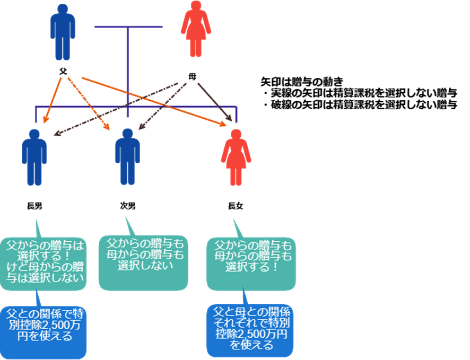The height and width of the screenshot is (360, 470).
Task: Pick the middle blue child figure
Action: click(127, 156)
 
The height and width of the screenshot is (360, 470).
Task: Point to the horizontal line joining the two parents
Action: click(128, 27)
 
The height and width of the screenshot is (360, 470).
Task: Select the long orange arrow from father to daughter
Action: click(154, 101)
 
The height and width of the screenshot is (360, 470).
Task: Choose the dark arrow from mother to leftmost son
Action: click(117, 109)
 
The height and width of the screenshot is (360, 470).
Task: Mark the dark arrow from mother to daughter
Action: click(215, 101)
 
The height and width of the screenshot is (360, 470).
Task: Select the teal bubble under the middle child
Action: click(143, 262)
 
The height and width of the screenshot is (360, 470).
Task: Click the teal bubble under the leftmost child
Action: click(43, 263)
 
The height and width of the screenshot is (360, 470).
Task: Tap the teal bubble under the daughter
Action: click(251, 263)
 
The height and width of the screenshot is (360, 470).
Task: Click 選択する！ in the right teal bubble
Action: click(252, 267)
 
